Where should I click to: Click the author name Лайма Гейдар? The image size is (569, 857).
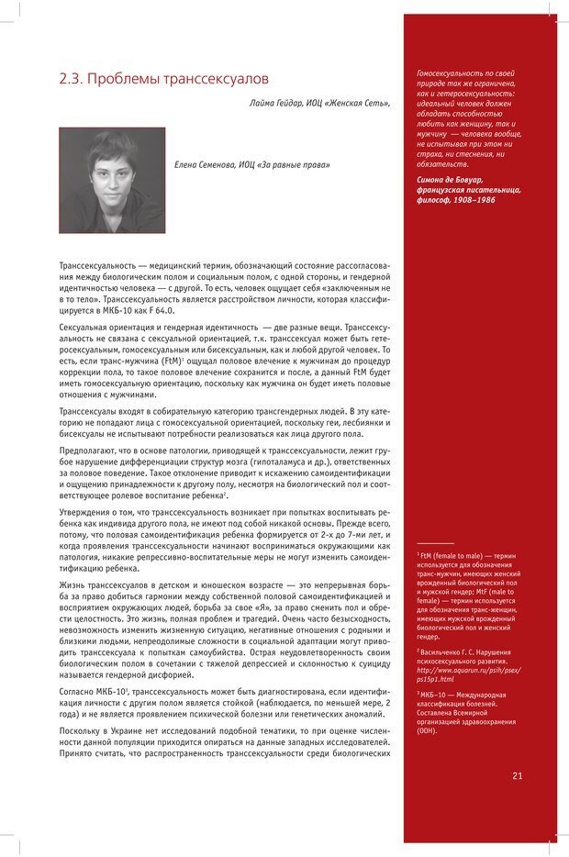coord(275,103)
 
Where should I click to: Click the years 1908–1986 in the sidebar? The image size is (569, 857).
coord(469,198)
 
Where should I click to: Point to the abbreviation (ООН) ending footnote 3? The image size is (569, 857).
coord(427,731)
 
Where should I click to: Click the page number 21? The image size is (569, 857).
coord(518,775)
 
